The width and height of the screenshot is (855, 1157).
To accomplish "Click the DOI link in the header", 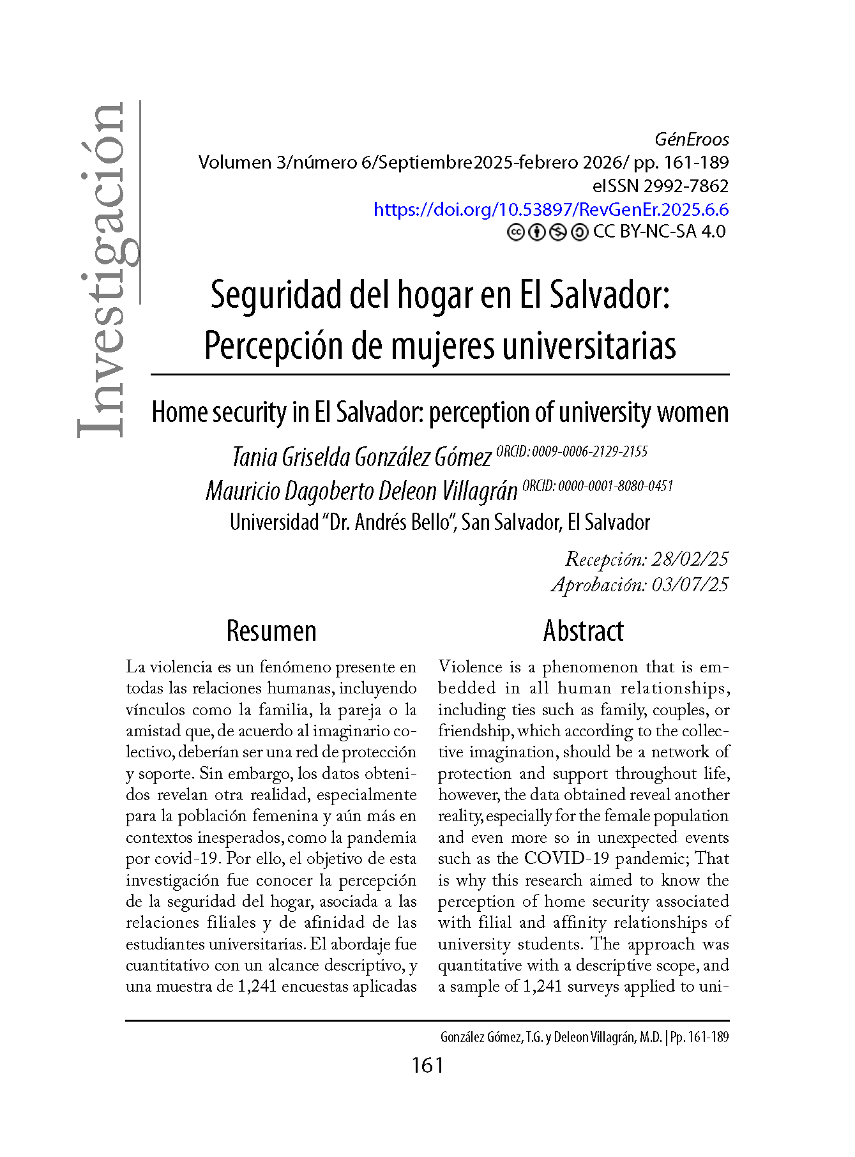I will click(x=550, y=209).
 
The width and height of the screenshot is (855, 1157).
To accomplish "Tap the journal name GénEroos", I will click(x=692, y=139).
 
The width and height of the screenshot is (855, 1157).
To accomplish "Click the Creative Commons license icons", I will click(x=547, y=232).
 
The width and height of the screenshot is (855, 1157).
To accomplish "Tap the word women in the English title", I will click(x=693, y=412).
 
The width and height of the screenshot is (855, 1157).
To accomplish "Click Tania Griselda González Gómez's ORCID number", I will click(x=589, y=451).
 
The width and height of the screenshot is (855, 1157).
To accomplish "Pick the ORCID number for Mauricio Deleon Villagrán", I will click(x=616, y=486).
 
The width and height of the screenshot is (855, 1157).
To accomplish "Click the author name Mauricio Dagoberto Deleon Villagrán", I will click(x=361, y=491).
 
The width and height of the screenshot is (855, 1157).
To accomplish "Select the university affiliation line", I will click(x=440, y=522).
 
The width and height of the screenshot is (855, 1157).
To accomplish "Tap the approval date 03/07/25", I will click(x=690, y=585).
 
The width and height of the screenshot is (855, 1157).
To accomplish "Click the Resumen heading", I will click(x=271, y=631).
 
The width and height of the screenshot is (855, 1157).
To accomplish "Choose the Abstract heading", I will click(x=583, y=631).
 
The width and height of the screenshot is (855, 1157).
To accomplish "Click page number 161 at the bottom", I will click(x=427, y=1065).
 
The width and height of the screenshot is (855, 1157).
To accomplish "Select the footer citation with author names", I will click(x=584, y=1038).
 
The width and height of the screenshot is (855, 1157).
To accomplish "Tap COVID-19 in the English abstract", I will click(x=566, y=859).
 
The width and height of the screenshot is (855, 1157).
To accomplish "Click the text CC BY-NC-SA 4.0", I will click(x=659, y=232).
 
